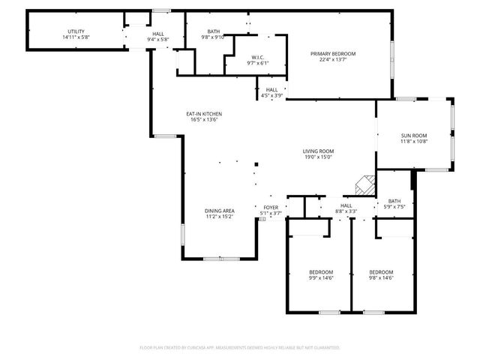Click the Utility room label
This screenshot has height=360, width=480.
[76, 31]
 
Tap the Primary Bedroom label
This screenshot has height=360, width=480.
[333, 54]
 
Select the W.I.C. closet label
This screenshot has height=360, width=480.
[257, 57]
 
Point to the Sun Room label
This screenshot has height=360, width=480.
[413, 135]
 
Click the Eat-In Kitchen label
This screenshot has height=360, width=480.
[204, 114]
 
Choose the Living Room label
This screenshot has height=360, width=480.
[318, 151]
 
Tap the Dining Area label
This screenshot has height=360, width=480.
[220, 211]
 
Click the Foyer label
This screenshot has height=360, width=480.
[270, 208]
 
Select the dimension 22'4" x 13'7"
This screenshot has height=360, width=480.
[333, 60]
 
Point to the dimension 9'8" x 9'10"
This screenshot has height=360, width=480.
[214, 37]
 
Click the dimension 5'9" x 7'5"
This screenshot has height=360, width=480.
[394, 207]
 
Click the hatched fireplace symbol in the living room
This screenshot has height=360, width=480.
[365, 185]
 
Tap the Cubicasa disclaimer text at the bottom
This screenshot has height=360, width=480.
[240, 348]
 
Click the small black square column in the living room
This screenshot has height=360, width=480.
[256, 163]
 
